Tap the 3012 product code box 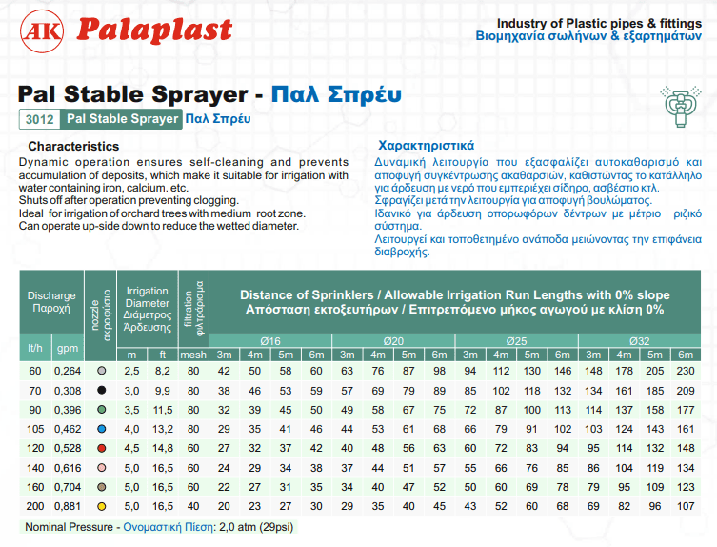pyautogui.click(x=39, y=120)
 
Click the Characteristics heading pyautogui.click(x=73, y=147)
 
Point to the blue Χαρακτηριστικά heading pyautogui.click(x=426, y=146)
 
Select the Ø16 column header pyautogui.click(x=269, y=340)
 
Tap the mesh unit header pyautogui.click(x=193, y=355)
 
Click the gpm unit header pyautogui.click(x=69, y=349)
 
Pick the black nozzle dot pyautogui.click(x=102, y=391)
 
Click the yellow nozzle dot pyautogui.click(x=102, y=505)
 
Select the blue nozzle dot pyautogui.click(x=102, y=429)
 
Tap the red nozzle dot pyautogui.click(x=102, y=448)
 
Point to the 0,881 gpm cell pyautogui.click(x=69, y=505)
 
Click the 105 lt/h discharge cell pyautogui.click(x=36, y=429)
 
